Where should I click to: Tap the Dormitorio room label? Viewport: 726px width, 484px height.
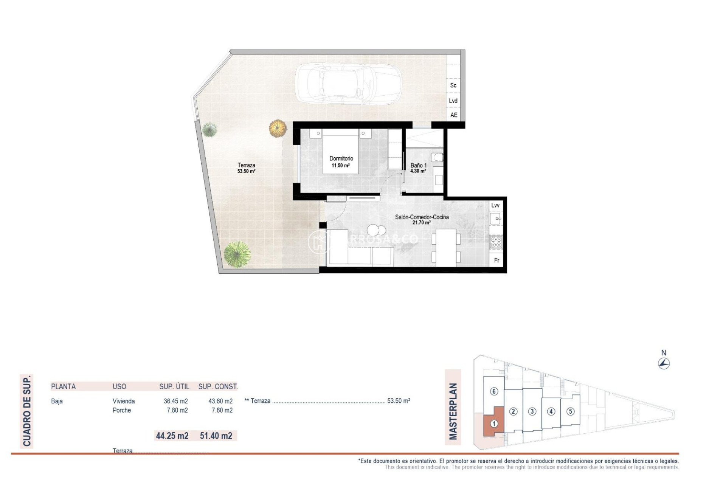341,159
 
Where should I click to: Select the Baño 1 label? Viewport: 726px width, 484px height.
419,166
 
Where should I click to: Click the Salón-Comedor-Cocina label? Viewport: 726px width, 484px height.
422,217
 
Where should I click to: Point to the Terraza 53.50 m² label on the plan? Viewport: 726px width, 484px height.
246,168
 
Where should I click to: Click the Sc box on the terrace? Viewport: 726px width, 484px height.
453,85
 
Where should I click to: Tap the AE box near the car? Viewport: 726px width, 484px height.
453,115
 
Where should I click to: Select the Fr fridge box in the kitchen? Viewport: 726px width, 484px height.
496,261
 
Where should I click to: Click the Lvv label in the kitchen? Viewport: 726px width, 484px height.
495,205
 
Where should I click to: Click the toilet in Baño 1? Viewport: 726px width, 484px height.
438,157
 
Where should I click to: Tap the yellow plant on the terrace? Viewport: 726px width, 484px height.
278,128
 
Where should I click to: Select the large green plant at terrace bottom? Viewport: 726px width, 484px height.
237,254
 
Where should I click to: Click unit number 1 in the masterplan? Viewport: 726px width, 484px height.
494,424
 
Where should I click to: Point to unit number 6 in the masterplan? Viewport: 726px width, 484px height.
494,391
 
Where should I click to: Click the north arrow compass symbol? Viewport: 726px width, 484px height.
664,364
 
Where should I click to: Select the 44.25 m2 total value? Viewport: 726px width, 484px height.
172,436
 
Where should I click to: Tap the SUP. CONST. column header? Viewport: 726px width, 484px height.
218,386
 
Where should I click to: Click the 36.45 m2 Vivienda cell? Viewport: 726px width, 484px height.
175,401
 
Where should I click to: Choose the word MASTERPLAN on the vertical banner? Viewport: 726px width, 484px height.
453,411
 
